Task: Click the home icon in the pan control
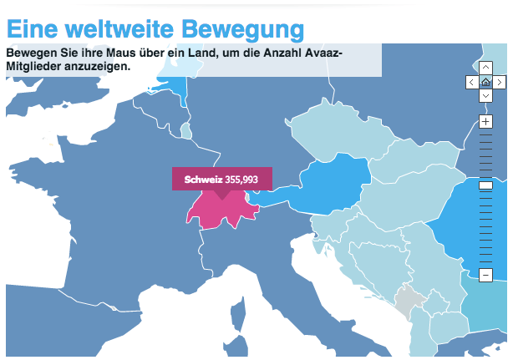tap(485, 82)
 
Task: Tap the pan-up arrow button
tap(485, 68)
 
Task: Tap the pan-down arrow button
tap(485, 96)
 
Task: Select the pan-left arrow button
tap(471, 82)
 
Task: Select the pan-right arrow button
tap(500, 82)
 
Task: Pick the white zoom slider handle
tap(485, 186)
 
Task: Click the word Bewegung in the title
tap(243, 29)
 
